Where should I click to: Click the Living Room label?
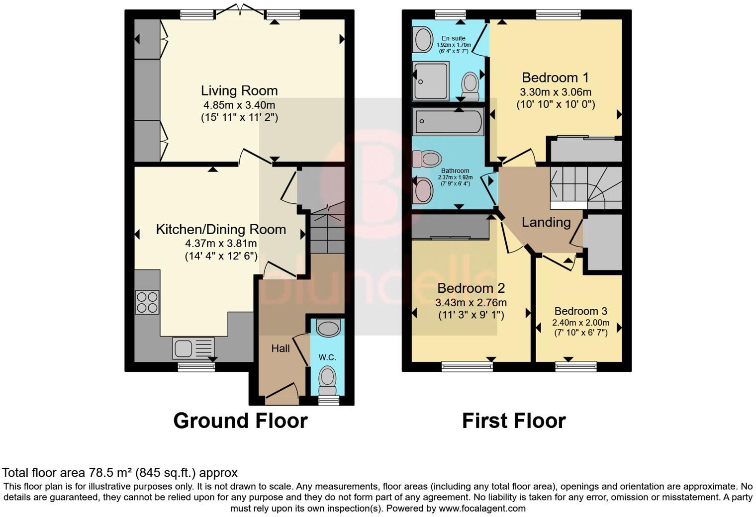point(239,91)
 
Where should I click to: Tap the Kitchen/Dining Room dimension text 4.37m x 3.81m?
point(221,244)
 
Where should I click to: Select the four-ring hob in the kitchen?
point(147,302)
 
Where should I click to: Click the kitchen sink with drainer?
point(193,347)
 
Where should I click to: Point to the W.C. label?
point(327,357)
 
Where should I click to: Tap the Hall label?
point(281,349)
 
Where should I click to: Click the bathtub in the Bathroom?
point(448,121)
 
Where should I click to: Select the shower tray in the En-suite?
point(431,80)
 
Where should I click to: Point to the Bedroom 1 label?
point(555,78)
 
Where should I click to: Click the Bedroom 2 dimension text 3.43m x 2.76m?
point(471,303)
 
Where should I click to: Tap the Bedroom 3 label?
point(580,311)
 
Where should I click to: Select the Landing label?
point(546,222)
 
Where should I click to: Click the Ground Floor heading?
point(240,421)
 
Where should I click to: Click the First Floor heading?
point(514,421)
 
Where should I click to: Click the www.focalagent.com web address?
point(482,509)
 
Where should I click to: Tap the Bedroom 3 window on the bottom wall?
point(575,367)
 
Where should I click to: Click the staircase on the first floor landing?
point(585,188)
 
